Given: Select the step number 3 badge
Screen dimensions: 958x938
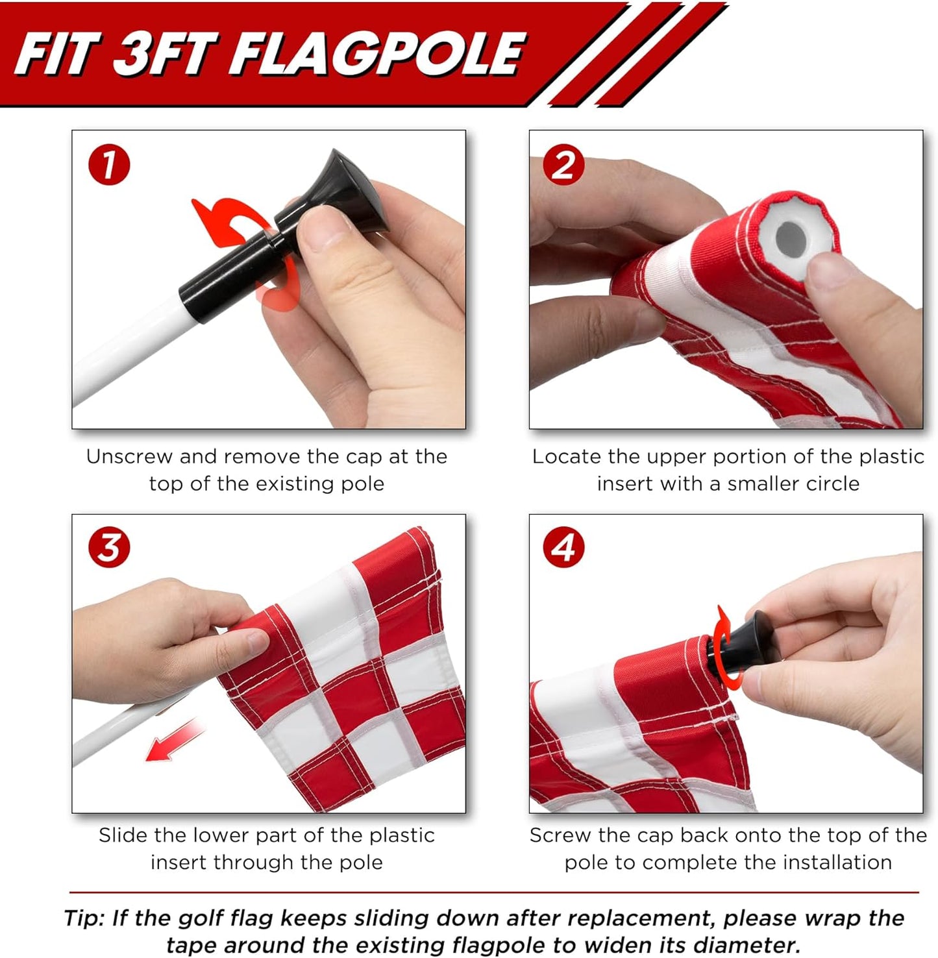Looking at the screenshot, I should click(109, 547).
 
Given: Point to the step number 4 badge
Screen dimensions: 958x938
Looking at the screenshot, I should click(563, 547).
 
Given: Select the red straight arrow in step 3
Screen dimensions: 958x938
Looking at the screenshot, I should click(172, 740).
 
